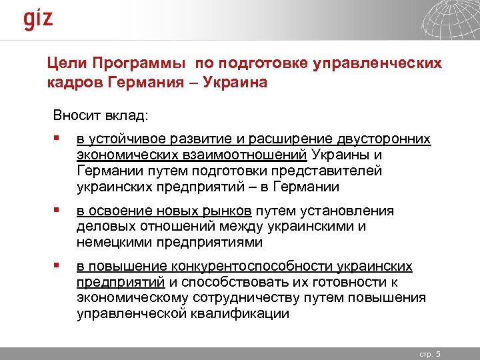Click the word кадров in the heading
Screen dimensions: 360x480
click(x=73, y=83)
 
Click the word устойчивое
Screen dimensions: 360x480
click(x=126, y=139)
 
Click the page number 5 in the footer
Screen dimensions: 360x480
click(x=447, y=353)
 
